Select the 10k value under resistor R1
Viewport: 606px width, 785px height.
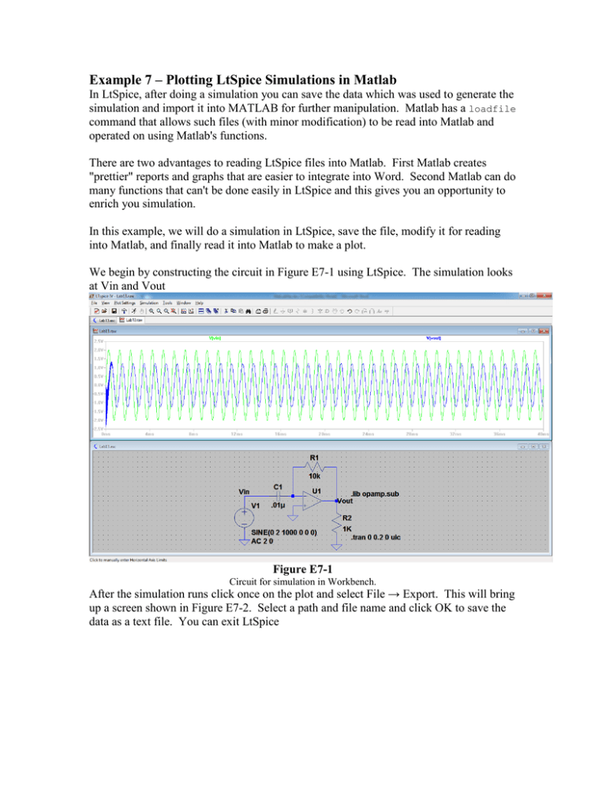pyautogui.click(x=314, y=476)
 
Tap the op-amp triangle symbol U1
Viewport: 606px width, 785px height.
pyautogui.click(x=312, y=501)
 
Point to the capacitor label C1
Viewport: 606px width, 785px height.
pyautogui.click(x=279, y=486)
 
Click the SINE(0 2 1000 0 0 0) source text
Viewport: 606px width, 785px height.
pyautogui.click(x=279, y=533)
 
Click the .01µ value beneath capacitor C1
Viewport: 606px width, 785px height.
pyautogui.click(x=278, y=505)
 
